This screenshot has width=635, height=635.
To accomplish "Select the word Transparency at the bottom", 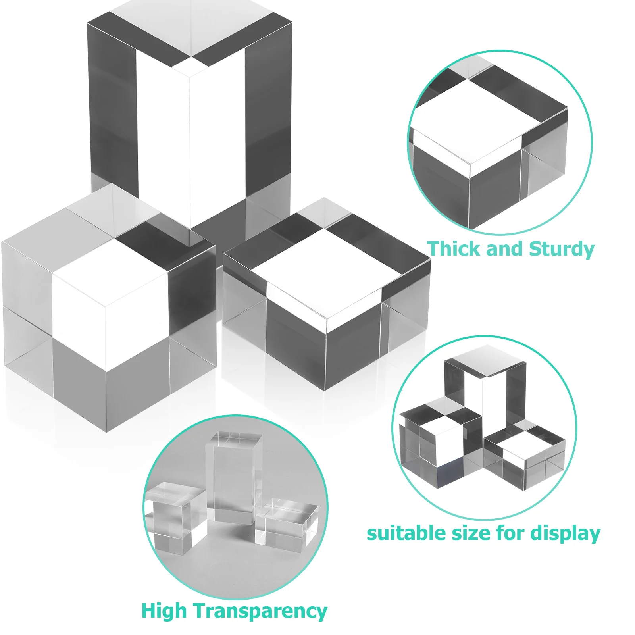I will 261,611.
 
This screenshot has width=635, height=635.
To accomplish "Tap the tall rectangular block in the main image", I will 190,119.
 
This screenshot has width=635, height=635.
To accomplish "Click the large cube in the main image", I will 107,310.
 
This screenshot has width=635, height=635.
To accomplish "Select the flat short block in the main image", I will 325,302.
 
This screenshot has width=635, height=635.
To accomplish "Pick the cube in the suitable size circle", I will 441,444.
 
